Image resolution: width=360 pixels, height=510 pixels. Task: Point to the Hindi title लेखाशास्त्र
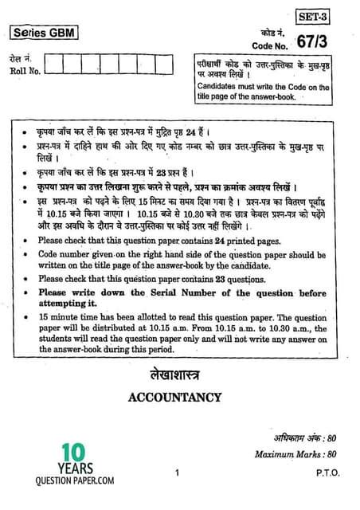pos(180,372)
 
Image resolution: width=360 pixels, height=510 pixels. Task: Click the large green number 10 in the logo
pos(44,453)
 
